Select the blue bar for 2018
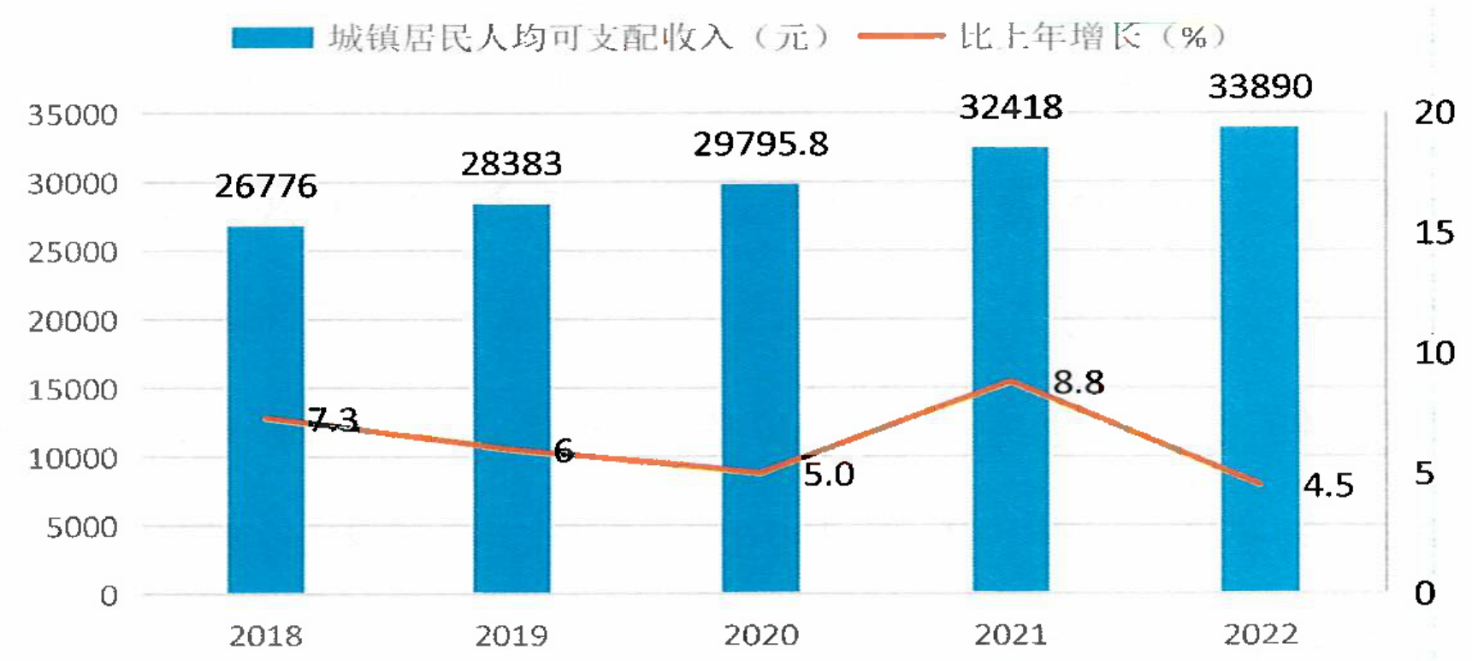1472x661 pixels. (265, 410)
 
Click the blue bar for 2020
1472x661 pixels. (760, 388)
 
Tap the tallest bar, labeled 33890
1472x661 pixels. (1260, 359)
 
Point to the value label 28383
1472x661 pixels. (511, 163)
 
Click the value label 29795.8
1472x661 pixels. (760, 144)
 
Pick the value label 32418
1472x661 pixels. (1010, 107)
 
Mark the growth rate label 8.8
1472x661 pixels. (1078, 382)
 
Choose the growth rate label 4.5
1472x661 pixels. (1328, 485)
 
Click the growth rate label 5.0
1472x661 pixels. (828, 474)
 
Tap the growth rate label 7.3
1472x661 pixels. (333, 420)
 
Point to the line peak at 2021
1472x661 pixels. (1011, 381)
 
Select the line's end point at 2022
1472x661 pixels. (1260, 484)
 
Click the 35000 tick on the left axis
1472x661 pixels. (73, 115)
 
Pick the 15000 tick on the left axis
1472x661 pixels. (73, 390)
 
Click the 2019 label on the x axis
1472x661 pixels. (511, 635)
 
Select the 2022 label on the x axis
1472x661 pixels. (1260, 634)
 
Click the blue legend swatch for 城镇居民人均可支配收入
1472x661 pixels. (273, 38)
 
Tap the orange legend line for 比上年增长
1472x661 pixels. (902, 36)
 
